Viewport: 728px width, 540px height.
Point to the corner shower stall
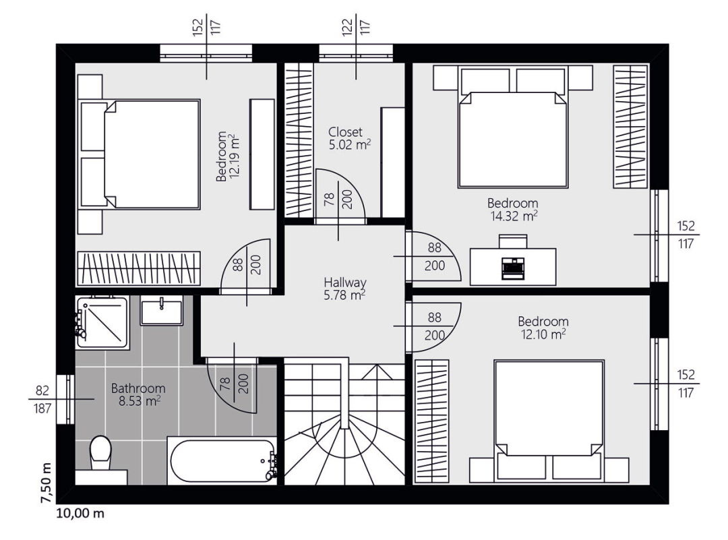point(102,322)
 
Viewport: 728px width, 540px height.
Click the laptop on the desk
point(512,268)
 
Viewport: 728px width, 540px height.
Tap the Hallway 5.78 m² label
point(345,289)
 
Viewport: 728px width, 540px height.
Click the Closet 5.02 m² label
point(349,138)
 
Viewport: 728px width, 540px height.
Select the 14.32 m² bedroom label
point(513,210)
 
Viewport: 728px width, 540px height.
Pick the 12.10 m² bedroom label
point(543,328)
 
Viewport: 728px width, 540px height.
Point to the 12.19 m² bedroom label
point(229,156)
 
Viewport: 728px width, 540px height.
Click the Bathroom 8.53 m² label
point(138,394)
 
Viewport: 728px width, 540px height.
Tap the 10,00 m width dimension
point(80,514)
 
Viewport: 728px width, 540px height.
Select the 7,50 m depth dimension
point(46,483)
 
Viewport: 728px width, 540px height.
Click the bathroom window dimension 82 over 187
point(42,399)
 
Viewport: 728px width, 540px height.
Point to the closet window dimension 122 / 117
point(356,27)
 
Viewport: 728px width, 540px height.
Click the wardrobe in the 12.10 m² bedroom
point(432,421)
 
